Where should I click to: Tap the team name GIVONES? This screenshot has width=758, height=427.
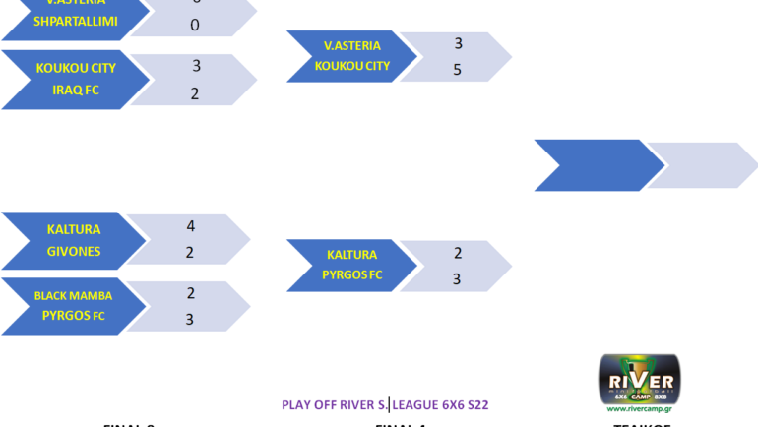(74, 251)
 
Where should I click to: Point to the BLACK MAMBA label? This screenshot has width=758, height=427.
(74, 295)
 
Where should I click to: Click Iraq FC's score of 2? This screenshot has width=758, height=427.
(195, 93)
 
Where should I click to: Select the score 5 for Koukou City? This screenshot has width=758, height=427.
(457, 70)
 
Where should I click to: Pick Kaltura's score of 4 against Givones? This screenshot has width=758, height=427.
(191, 226)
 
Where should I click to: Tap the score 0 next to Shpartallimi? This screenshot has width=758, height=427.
(195, 26)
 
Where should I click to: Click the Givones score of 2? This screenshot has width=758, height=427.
(191, 253)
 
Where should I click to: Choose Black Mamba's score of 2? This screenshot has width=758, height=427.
(191, 293)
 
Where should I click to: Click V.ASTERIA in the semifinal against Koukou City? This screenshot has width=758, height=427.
(351, 45)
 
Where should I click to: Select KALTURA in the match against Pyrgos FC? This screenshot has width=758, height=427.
(351, 255)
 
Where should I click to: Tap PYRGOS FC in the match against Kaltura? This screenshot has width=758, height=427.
(351, 274)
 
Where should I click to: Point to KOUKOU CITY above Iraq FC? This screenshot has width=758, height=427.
(76, 68)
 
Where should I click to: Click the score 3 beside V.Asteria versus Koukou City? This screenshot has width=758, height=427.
(458, 43)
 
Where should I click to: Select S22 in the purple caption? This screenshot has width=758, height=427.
(476, 404)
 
